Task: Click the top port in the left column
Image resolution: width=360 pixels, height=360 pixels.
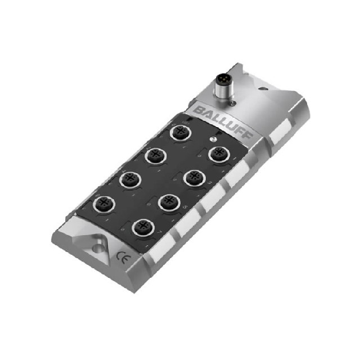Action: tap(180, 132)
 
